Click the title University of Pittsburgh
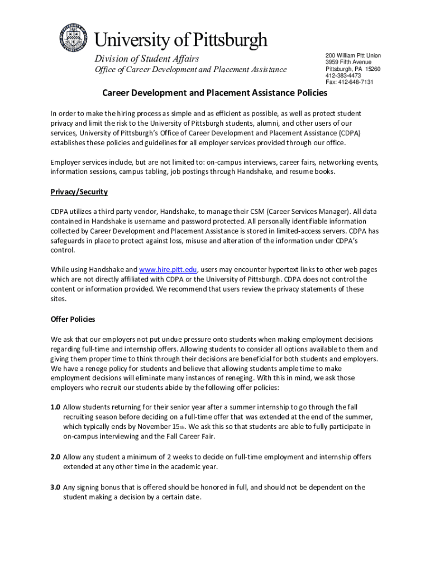[x=180, y=40]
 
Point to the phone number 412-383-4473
[x=343, y=75]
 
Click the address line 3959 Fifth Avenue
[x=348, y=62]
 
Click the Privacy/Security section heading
[x=79, y=192]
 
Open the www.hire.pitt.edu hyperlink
[x=168, y=269]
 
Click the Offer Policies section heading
[x=73, y=320]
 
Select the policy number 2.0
[x=55, y=457]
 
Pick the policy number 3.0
[x=55, y=487]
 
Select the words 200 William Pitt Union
[x=353, y=55]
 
